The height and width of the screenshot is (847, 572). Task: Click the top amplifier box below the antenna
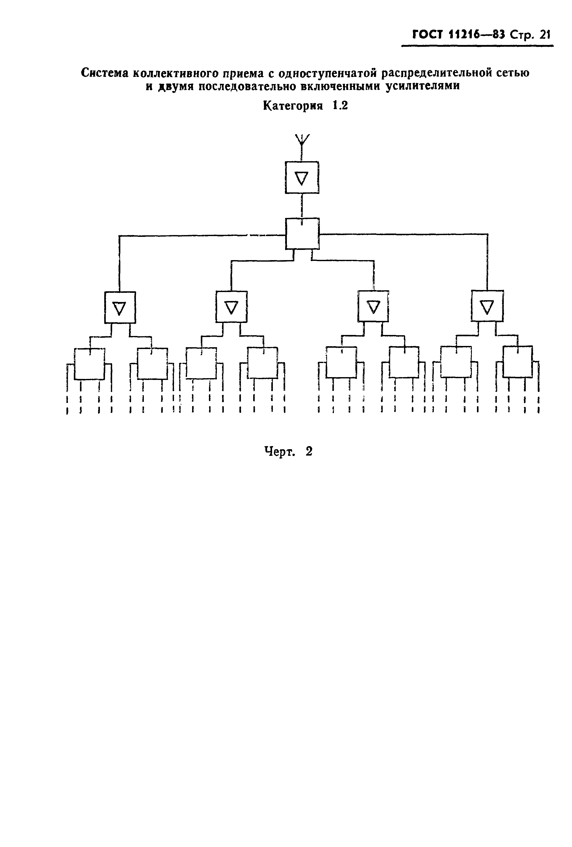302,178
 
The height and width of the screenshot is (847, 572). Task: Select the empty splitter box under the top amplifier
302,234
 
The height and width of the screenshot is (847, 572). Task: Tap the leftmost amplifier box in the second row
120,307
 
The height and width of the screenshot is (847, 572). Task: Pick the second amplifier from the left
231,307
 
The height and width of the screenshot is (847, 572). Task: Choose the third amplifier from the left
373,306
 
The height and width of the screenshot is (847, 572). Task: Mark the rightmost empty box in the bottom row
517,361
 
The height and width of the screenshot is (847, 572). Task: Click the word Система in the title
105,73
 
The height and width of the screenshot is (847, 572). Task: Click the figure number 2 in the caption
309,451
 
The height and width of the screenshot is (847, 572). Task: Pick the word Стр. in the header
522,35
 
